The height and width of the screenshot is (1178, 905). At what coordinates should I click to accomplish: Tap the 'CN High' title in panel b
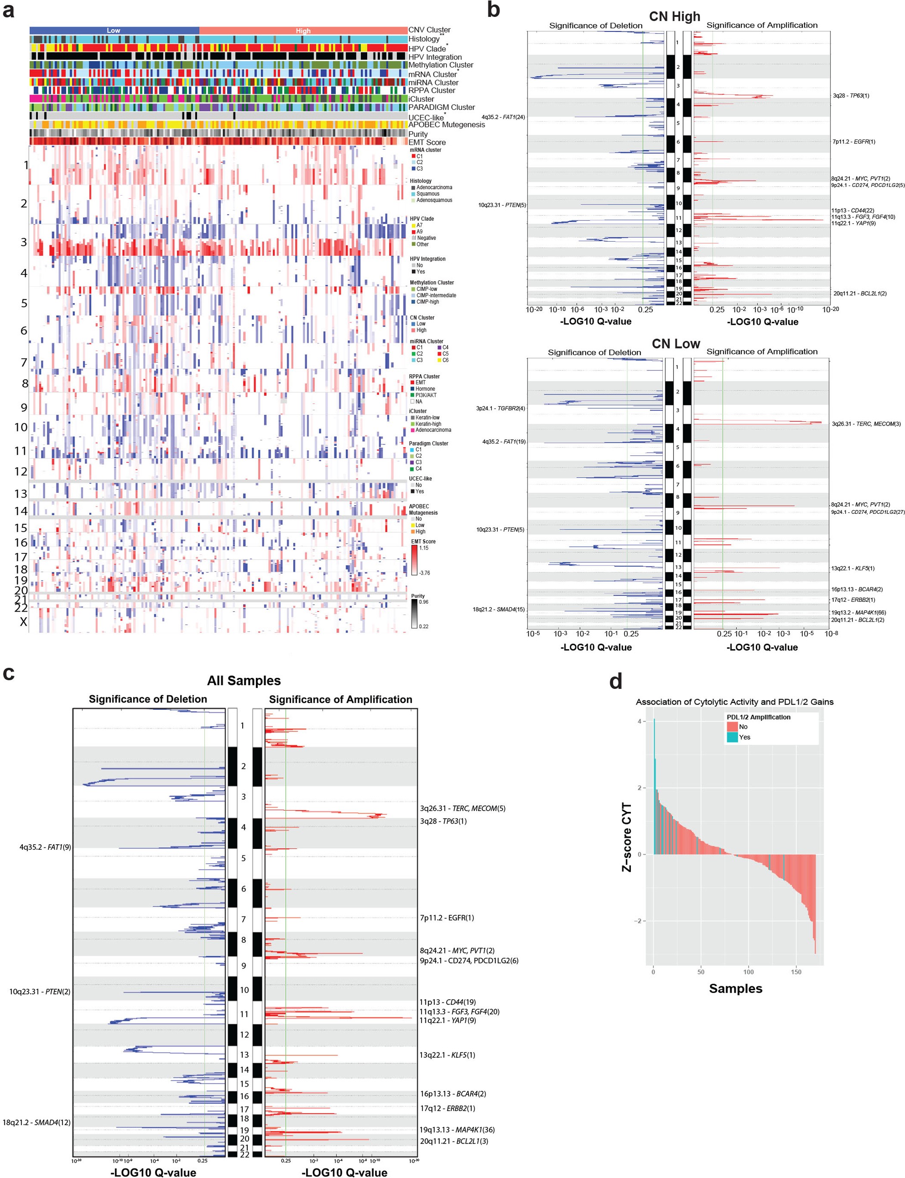tap(674, 17)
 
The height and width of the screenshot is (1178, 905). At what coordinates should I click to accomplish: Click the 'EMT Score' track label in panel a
tap(427, 143)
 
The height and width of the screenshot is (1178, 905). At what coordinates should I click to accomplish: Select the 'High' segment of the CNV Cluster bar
tap(303, 31)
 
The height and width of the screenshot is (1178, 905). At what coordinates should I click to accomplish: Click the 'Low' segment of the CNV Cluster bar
tap(114, 31)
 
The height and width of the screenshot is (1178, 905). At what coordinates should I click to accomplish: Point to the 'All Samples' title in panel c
tap(243, 681)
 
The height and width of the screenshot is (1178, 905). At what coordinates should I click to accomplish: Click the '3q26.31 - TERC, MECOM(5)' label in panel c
tap(462, 808)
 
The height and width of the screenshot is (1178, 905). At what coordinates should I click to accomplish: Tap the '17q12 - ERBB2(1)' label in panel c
tap(447, 1109)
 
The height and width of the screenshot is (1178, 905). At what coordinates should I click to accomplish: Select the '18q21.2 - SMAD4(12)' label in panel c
tap(37, 1122)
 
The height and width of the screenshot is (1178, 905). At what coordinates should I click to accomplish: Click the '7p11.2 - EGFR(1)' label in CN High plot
tap(854, 142)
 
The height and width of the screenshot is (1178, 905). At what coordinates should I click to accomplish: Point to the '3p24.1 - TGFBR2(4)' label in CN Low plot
tap(500, 409)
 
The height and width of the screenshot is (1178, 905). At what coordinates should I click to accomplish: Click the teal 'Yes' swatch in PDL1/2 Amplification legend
tap(732, 737)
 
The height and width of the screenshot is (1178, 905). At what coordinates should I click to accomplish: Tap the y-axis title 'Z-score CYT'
tap(627, 838)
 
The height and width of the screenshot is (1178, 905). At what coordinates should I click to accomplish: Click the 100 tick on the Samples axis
tap(748, 972)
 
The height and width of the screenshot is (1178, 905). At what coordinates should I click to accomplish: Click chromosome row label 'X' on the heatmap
tap(23, 622)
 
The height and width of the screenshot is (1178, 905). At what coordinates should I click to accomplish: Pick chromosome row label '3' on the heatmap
tap(24, 242)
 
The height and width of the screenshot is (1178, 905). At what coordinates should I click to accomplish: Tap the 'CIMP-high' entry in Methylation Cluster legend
tap(429, 302)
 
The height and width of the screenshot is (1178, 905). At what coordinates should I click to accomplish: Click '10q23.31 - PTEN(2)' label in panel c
tap(40, 992)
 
